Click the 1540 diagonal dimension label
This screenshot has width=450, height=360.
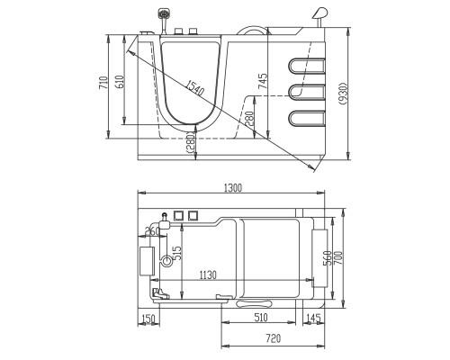point(194,88)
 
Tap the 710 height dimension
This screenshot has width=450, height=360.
point(103,83)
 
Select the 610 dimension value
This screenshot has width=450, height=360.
point(120,82)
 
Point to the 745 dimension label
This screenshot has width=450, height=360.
point(263,81)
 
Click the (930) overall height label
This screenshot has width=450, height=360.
point(344,94)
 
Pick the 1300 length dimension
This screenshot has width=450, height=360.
point(233,188)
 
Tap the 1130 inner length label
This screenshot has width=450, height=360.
point(208,274)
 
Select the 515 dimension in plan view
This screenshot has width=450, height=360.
point(177,254)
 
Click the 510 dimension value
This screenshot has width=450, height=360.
point(261,317)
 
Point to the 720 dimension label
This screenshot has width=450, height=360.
point(274,338)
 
